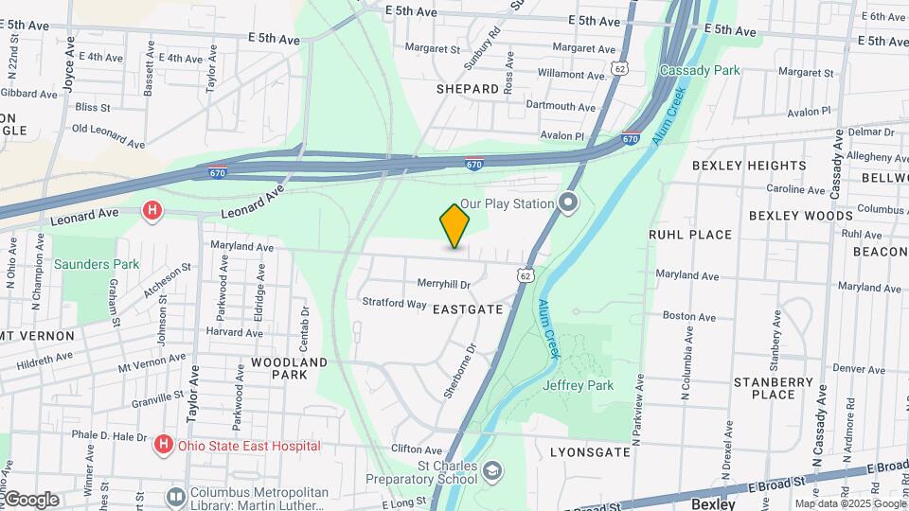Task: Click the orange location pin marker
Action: [x=454, y=226]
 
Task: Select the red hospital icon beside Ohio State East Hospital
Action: [x=164, y=444]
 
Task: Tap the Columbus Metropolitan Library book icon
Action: [x=175, y=496]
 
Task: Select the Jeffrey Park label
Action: [x=579, y=385]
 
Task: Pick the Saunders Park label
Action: [x=97, y=264]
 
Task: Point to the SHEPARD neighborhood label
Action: [x=467, y=89]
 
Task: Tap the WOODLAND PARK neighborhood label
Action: [x=289, y=368]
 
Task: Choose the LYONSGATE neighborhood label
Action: [x=590, y=453]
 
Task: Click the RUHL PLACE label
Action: [x=689, y=235]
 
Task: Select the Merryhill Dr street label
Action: [x=444, y=283]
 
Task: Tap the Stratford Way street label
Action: [x=394, y=304]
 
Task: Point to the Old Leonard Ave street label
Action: [x=108, y=135]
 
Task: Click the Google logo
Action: [x=30, y=500]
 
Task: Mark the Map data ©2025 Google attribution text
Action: [x=849, y=504]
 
